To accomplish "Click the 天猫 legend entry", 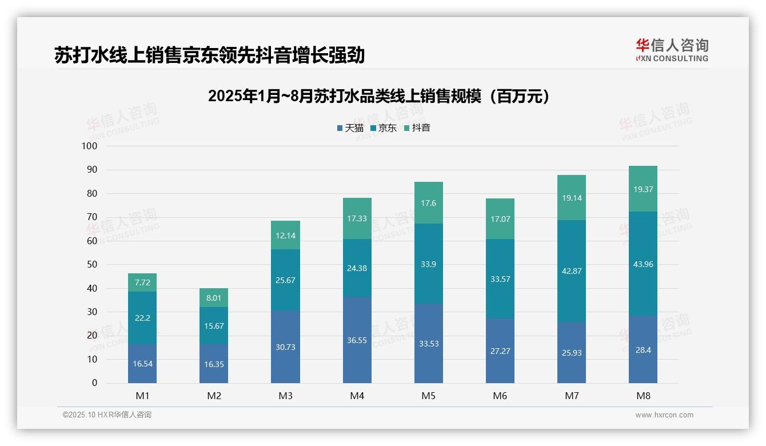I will coord(350,128).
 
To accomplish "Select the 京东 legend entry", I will coord(383,128).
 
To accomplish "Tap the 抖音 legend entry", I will coord(417,128).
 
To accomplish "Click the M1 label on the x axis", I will coord(142,396).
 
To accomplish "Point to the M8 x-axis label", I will coord(643,396).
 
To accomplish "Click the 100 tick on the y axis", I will coord(90,146).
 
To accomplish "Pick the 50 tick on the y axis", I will coord(91,265).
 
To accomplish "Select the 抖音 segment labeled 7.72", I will coord(142,282).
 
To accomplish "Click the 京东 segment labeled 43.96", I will coord(643,264).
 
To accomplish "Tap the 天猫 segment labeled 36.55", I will coord(357,340).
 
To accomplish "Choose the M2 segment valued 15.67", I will coord(214,325).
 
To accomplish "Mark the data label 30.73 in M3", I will coord(285,347).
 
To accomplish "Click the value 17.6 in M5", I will coord(429,203).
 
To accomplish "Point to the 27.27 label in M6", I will coord(500,351).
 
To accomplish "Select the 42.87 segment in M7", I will coord(572,271).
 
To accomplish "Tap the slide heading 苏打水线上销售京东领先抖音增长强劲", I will coord(209,55).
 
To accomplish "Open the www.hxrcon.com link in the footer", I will coord(664,415).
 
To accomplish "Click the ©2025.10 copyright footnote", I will coord(107,415).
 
